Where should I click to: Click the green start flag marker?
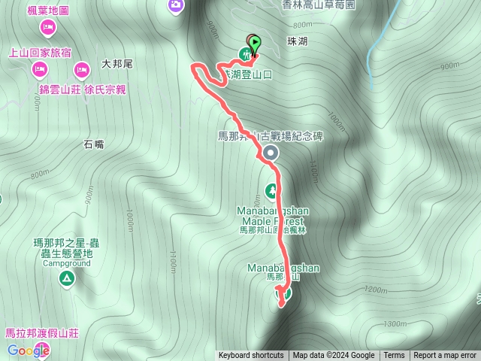click(x=256, y=44)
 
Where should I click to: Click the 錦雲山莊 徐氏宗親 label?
click(x=83, y=89)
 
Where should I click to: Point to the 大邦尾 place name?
click(x=116, y=65)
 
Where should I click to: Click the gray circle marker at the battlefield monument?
click(x=270, y=153)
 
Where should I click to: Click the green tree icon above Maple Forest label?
click(x=271, y=190)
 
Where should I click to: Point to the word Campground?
click(x=66, y=264)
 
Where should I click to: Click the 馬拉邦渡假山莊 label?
click(x=42, y=332)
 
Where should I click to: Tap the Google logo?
click(x=29, y=350)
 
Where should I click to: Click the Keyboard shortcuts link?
click(x=251, y=356)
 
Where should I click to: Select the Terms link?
click(x=394, y=356)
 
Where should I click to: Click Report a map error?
click(x=445, y=356)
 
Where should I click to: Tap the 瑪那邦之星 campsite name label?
click(x=67, y=243)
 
